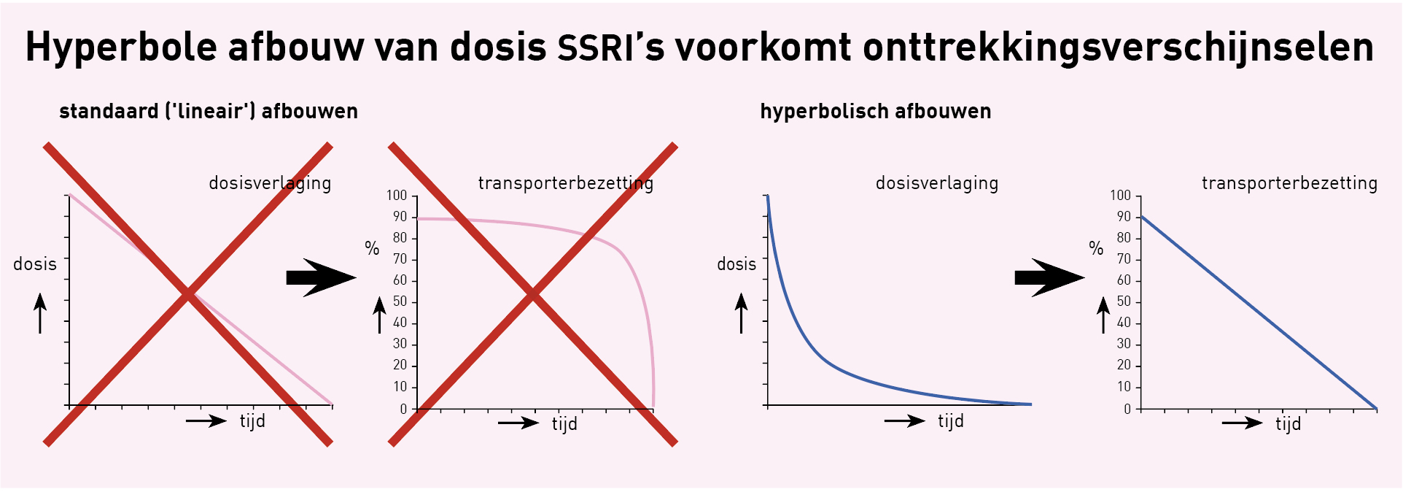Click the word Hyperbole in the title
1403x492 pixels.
point(121,48)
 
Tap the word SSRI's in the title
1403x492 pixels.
point(611,47)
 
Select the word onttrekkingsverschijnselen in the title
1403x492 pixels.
point(1119,48)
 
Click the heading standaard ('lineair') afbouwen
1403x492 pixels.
point(209,112)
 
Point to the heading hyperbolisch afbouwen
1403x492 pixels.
point(876,112)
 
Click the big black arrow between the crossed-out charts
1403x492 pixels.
point(321,277)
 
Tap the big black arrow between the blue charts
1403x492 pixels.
point(1049,277)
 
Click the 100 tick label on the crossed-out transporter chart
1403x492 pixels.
point(397,196)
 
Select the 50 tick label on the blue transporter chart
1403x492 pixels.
point(1124,301)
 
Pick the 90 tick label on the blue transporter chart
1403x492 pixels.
point(1124,217)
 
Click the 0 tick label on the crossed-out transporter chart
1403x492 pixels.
point(403,410)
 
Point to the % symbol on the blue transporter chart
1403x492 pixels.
point(1096,248)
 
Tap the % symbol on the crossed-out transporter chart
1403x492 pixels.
point(372,249)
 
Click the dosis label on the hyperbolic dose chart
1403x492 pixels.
point(737,264)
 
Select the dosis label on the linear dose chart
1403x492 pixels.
point(35,264)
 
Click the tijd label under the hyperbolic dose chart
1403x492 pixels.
point(951,421)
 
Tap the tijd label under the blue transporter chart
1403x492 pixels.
point(1289,424)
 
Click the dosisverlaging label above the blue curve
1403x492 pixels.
point(937,183)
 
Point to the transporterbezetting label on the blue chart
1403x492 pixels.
point(1290,183)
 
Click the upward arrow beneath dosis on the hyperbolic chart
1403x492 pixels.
point(742,313)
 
